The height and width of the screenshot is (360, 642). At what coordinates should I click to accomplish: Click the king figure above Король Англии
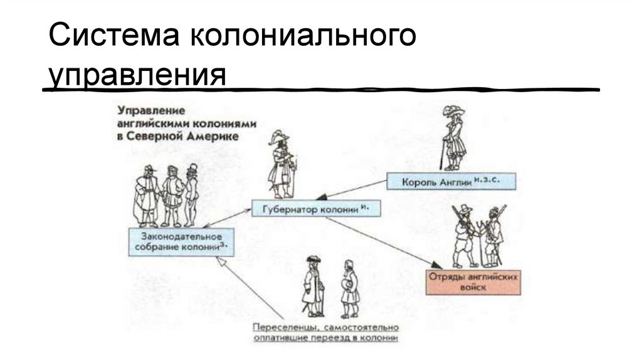(x=452, y=138)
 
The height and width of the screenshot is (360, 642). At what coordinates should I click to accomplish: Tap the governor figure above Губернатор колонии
(x=281, y=166)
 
